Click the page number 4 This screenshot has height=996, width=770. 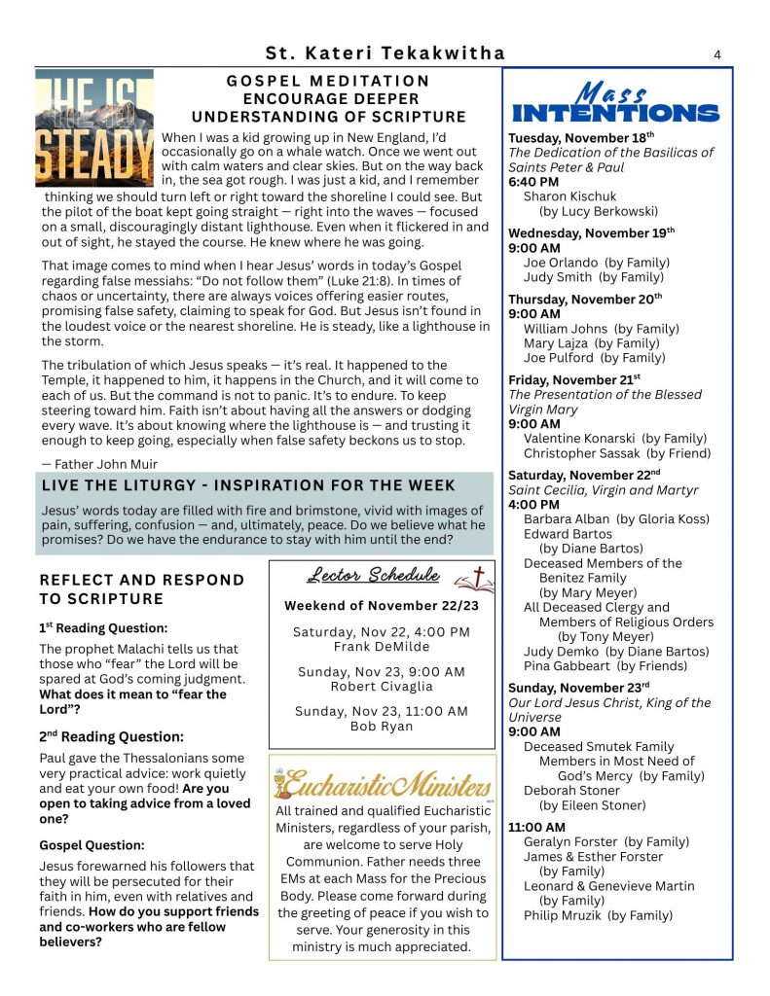tap(717, 54)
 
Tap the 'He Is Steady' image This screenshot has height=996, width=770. tap(94, 127)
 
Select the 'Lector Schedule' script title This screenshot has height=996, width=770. tap(373, 576)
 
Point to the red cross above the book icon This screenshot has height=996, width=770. tap(478, 573)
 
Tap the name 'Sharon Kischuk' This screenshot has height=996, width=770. tap(569, 196)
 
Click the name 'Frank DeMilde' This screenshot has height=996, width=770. tap(381, 646)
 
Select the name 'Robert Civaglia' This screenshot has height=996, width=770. tap(381, 686)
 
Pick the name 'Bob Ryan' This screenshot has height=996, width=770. tap(381, 726)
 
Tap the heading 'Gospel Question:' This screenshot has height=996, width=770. tap(92, 845)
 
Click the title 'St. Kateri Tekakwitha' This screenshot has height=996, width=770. tap(385, 53)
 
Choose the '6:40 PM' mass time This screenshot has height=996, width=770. tap(533, 182)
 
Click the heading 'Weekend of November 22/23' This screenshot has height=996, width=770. tap(381, 606)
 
